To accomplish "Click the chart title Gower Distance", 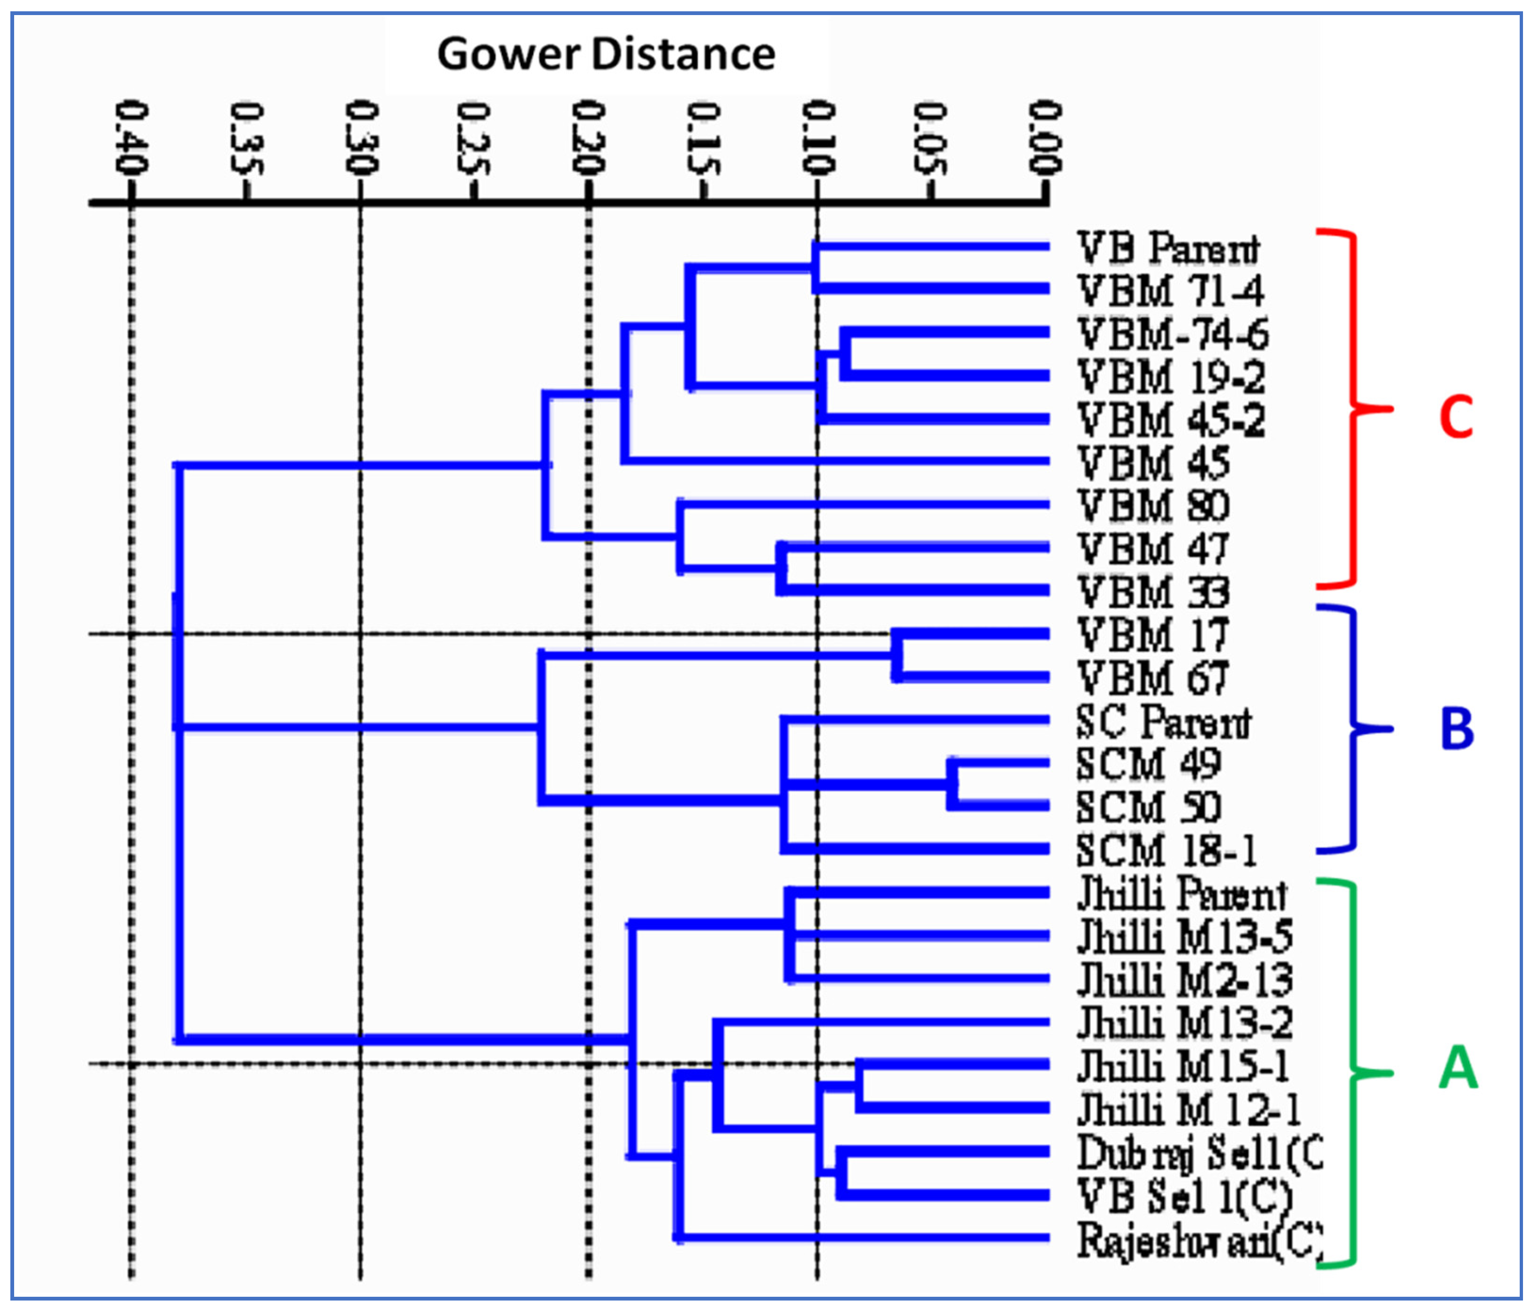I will (x=606, y=54).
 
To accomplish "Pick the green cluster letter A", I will (x=1457, y=1068).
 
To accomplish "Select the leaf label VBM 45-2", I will (x=1171, y=420).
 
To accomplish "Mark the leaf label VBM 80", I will (x=1153, y=506).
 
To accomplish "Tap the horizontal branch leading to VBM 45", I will (x=835, y=461).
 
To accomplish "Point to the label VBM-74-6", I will (x=1173, y=334).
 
